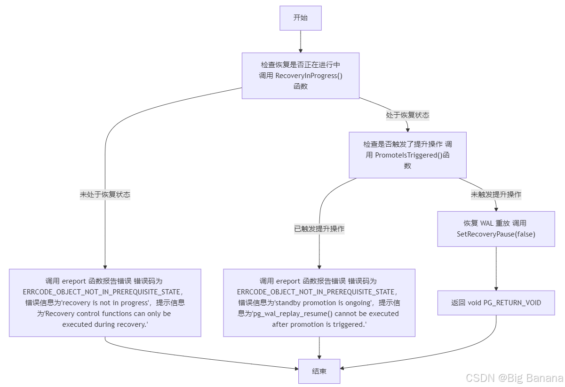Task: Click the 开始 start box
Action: point(300,18)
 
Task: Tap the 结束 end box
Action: point(319,371)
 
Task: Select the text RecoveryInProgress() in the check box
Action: point(309,76)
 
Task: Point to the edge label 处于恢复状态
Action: point(407,115)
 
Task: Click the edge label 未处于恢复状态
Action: point(105,195)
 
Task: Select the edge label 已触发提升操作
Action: point(319,229)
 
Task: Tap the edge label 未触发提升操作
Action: point(496,194)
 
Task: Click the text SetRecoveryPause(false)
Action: point(496,234)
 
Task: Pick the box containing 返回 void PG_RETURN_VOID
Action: point(496,303)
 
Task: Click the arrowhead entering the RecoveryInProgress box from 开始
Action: point(300,50)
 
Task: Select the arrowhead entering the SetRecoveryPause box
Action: point(496,208)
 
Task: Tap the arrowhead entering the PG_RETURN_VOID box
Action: point(496,288)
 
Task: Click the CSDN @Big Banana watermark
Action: point(514,378)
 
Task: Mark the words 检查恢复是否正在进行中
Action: point(300,65)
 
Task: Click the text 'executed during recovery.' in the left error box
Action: point(105,324)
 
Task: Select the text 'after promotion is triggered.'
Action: point(319,324)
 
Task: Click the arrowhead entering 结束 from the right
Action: point(343,368)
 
